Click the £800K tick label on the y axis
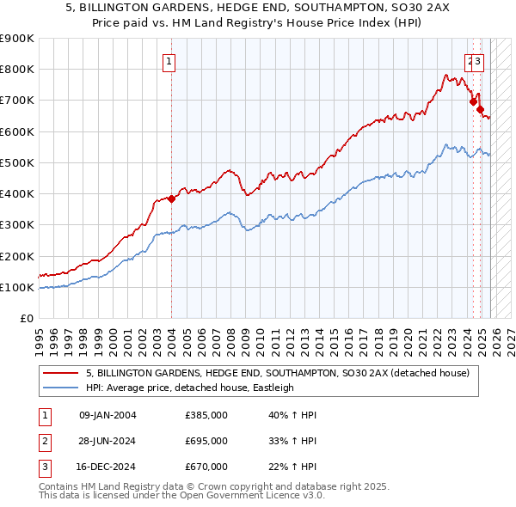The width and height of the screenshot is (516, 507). click(17, 70)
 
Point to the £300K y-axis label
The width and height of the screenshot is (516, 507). click(17, 225)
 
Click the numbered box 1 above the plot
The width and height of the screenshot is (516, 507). click(169, 61)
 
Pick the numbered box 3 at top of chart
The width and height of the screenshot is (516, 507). click(479, 61)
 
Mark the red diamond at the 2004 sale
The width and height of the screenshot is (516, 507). click(171, 199)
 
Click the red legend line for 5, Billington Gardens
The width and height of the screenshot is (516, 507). click(61, 374)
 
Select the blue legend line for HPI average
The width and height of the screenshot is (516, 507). click(61, 388)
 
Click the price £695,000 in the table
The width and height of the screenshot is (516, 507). click(206, 441)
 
